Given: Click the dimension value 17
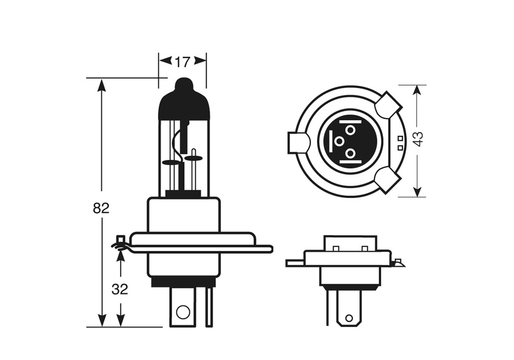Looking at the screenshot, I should pos(182,62).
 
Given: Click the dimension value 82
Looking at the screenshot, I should pos(101,208).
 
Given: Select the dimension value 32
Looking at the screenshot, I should pos(120,290).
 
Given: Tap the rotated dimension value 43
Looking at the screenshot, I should pos(418,139).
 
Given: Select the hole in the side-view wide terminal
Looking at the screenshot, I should pos(182,311).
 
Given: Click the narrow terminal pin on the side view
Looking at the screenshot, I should pos(209,307).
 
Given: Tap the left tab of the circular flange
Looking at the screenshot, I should pos(298,142).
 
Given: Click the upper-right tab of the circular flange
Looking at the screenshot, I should pos(388,105).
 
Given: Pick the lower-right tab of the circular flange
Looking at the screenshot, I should pos(388,179).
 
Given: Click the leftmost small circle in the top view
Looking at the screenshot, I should pos(339,140).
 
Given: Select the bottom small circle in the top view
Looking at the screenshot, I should pos(350,153).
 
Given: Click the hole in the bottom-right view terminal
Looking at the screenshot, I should pos(349,318).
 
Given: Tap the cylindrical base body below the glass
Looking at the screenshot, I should pos(183,216).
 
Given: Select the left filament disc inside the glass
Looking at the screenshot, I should pos(172,163).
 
